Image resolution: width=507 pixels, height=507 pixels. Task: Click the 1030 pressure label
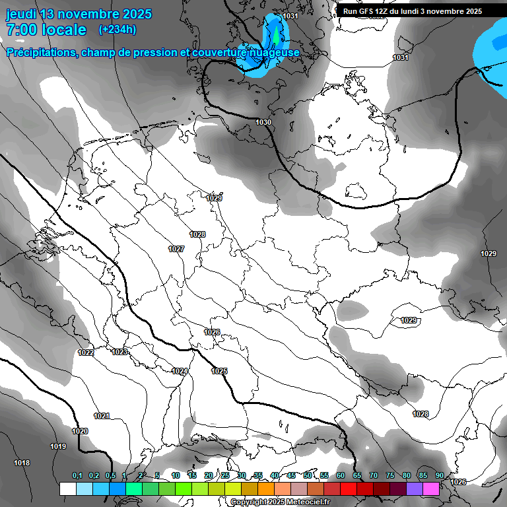point(263,122)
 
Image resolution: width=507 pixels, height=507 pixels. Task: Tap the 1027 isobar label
point(176,249)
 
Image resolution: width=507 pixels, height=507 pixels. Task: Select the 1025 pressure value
point(219,371)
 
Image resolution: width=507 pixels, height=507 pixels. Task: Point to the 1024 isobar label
point(180,372)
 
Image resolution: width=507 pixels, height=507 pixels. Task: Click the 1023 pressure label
point(119,353)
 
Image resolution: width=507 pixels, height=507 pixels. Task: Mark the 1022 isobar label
point(86,353)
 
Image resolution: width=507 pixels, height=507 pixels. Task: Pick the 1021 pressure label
point(102,416)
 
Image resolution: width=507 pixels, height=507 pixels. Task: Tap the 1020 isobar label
point(80,431)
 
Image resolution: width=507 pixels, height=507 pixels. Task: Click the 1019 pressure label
point(58,447)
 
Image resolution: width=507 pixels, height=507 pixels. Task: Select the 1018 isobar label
point(22,463)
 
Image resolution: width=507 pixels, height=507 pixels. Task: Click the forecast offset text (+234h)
point(118,30)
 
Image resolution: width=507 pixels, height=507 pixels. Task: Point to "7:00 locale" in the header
point(46,30)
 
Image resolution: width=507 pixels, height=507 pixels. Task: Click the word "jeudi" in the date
point(22,14)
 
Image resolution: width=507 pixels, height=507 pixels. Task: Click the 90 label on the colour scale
point(440,475)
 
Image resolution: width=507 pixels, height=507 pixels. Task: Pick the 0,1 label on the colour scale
point(77,475)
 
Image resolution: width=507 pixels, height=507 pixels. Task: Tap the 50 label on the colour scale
point(308,475)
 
